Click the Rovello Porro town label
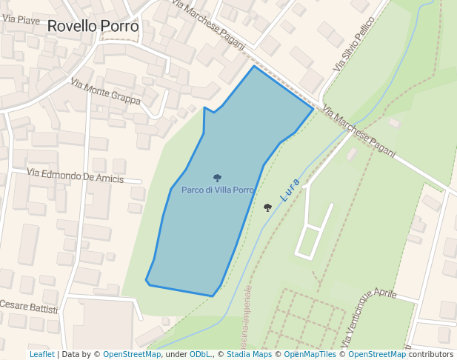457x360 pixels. pos(93,26)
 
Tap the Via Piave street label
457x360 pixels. pos(21,19)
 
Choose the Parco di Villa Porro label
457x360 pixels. pos(218,190)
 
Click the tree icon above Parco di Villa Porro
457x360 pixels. pos(217,178)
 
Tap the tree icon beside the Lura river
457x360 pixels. pos(267,208)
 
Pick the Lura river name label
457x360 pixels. pos(290,190)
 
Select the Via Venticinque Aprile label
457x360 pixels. pos(367,316)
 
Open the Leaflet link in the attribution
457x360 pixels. pos(41,355)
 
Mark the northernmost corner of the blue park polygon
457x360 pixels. pos(254,66)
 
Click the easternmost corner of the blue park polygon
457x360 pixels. pos(313,108)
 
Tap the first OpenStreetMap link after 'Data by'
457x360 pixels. pos(132,355)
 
